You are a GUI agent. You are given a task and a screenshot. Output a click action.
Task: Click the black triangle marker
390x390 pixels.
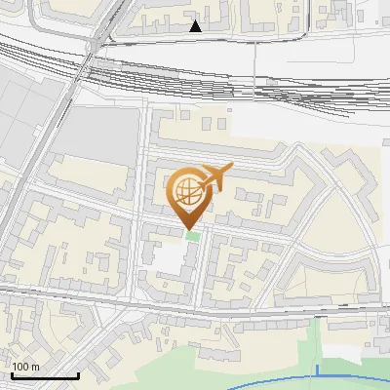196,26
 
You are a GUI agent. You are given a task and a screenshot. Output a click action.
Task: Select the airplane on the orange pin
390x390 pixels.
214,177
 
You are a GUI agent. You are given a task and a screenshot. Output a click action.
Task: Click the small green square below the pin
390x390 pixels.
193,236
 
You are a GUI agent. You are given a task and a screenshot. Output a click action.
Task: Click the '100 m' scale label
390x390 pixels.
25,367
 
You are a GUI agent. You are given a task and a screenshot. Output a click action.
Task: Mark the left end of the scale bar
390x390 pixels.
12,374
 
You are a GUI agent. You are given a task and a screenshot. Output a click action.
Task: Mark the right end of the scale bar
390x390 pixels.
78,374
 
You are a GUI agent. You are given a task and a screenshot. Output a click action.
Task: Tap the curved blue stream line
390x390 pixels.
244,376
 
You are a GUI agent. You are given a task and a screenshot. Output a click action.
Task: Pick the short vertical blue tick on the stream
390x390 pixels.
318,370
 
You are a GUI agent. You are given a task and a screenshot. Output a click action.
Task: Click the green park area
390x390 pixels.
292,351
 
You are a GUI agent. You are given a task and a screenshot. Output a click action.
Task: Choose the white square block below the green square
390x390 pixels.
171,257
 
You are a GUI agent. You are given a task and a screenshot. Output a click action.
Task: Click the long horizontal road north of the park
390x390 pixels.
195,310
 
